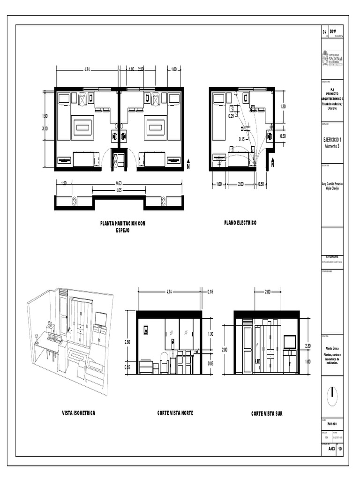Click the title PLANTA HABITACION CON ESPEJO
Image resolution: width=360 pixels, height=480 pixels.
point(123,227)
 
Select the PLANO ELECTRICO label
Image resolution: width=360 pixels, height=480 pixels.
point(240,223)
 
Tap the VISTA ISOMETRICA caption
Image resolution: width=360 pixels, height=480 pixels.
point(79,413)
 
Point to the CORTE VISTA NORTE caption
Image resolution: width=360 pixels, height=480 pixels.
point(175,413)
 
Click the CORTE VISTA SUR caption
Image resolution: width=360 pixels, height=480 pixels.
point(267,414)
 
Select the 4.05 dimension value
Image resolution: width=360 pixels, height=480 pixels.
point(119,191)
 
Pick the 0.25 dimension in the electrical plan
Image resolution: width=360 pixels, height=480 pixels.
point(231,116)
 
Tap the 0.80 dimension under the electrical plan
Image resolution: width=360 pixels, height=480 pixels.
point(261,184)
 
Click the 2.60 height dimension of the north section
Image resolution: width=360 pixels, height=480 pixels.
point(128,343)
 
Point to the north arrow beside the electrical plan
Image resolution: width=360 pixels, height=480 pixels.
point(273,164)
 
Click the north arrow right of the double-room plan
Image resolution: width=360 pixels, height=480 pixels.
point(188,164)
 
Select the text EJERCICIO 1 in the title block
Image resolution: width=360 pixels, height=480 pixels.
point(332,140)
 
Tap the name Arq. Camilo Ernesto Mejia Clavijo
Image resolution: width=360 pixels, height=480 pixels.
point(332,187)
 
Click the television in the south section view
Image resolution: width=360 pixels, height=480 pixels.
point(290,342)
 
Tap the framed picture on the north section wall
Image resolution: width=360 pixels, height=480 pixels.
point(146,330)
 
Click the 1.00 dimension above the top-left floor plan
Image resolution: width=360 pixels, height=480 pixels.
point(173,70)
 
